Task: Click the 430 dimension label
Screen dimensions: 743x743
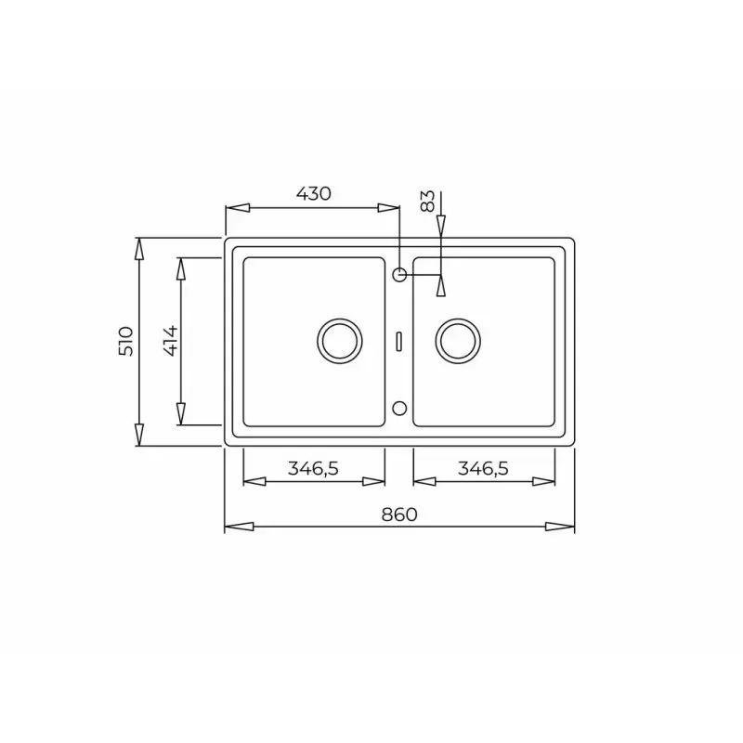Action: pos(313,194)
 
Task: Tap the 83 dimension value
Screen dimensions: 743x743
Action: pos(427,202)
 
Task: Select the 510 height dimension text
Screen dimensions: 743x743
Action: pos(127,341)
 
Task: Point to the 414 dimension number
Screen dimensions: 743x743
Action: pos(168,341)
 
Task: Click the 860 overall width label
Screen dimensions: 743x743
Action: pos(399,514)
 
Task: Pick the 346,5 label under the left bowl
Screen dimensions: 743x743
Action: pos(313,469)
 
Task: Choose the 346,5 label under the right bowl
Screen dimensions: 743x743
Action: pos(483,469)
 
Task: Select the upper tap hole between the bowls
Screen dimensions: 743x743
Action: pos(399,274)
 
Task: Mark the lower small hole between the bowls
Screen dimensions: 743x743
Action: pos(399,407)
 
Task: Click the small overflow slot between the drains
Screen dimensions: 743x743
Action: pos(399,340)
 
